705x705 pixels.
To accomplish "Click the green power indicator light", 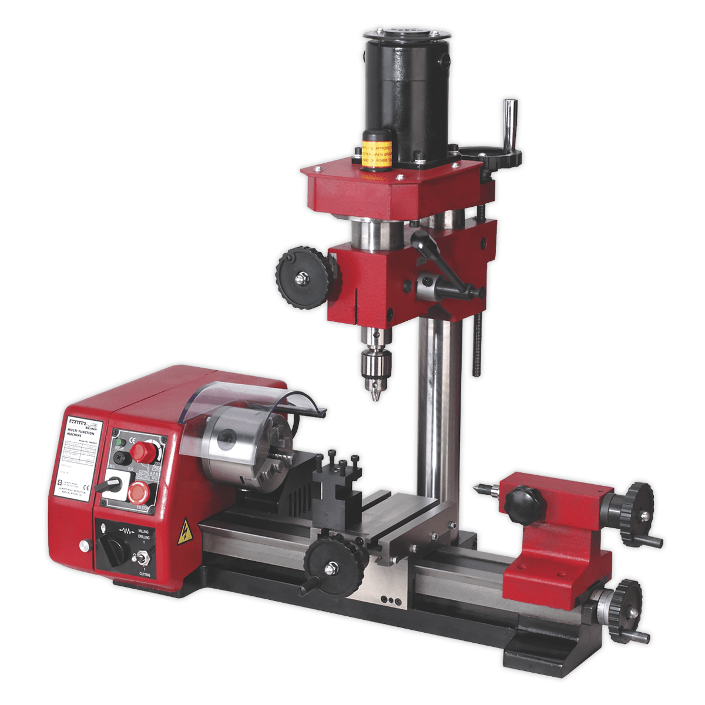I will pyautogui.click(x=120, y=442).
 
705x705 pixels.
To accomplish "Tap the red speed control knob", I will pyautogui.click(x=140, y=452).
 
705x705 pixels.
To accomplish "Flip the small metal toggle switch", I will pyautogui.click(x=142, y=555).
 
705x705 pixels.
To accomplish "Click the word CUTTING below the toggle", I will pyautogui.click(x=142, y=574).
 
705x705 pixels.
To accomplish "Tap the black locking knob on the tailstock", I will pyautogui.click(x=520, y=503).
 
